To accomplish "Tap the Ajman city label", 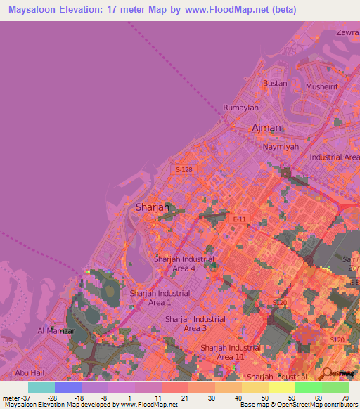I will tap(266, 128).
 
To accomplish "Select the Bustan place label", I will tap(275, 83).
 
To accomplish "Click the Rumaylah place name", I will tap(241, 108).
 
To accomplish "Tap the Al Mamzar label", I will tap(51, 330).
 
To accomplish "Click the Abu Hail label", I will tap(30, 373).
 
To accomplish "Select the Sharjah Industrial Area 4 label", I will tap(184, 264).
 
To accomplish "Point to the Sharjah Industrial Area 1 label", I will tap(159, 297).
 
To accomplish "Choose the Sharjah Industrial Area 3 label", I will tap(195, 323).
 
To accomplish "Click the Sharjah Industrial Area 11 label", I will tap(231, 352).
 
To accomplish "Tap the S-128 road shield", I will tap(184, 169).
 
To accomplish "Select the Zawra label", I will tap(347, 32).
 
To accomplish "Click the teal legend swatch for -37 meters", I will tap(41, 387).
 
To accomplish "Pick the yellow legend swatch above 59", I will tap(281, 387).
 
